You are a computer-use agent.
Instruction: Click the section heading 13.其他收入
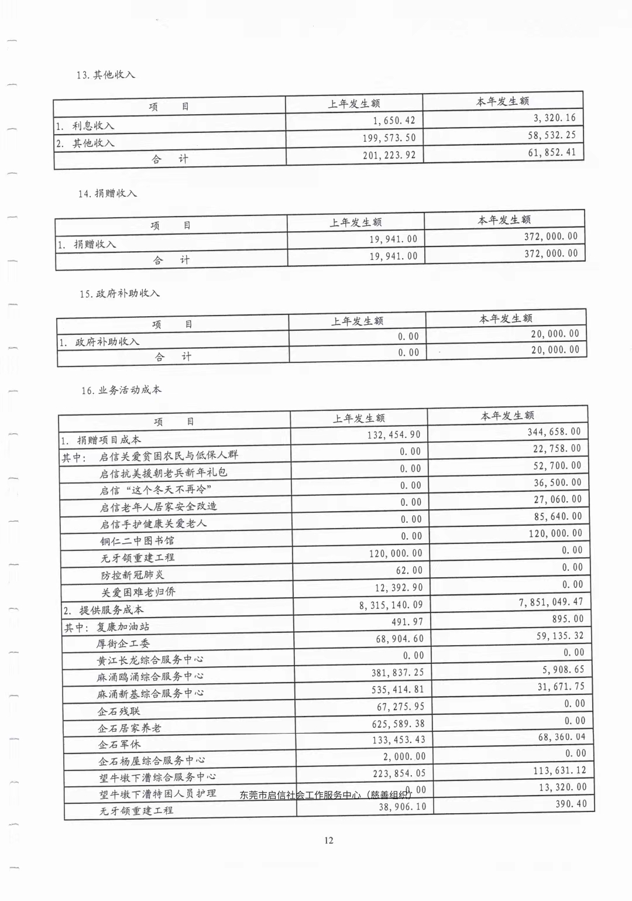[x=105, y=75]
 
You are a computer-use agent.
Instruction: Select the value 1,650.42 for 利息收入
[x=394, y=121]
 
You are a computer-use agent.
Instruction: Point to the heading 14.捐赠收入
[x=107, y=194]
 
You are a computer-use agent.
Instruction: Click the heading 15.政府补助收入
[x=119, y=293]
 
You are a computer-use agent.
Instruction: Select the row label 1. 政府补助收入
[x=99, y=342]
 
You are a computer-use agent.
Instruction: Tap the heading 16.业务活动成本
[x=121, y=390]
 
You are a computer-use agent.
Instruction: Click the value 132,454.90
[x=394, y=435]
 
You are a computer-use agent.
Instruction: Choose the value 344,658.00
[x=554, y=432]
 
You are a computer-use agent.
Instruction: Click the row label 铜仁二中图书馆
[x=137, y=540]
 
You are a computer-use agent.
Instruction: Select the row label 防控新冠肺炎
[x=133, y=575]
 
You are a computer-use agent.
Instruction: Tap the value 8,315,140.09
[x=390, y=605]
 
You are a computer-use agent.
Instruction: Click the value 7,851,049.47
[x=551, y=602]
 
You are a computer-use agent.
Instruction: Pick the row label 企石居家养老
[x=129, y=728]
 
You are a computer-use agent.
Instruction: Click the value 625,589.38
[x=398, y=724]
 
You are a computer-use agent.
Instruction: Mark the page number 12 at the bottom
[x=329, y=840]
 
